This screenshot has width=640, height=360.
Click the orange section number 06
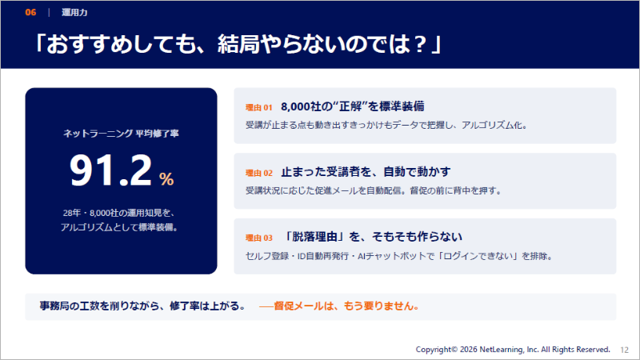click(x=30, y=12)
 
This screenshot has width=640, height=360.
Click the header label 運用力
click(x=74, y=13)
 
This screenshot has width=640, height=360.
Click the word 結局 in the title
click(x=238, y=44)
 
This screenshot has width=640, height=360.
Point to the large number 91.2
click(x=110, y=170)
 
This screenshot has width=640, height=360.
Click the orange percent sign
click(x=166, y=178)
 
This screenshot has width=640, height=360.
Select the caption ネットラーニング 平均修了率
click(x=121, y=134)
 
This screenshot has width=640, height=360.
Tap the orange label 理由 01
click(x=258, y=108)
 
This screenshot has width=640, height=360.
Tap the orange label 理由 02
click(x=258, y=173)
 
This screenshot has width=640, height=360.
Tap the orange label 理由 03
click(x=258, y=238)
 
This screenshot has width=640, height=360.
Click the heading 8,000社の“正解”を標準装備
click(x=353, y=106)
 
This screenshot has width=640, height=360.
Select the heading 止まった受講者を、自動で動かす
click(x=366, y=172)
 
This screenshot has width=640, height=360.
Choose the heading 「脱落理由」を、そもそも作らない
click(x=372, y=237)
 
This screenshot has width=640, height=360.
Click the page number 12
click(x=625, y=350)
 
